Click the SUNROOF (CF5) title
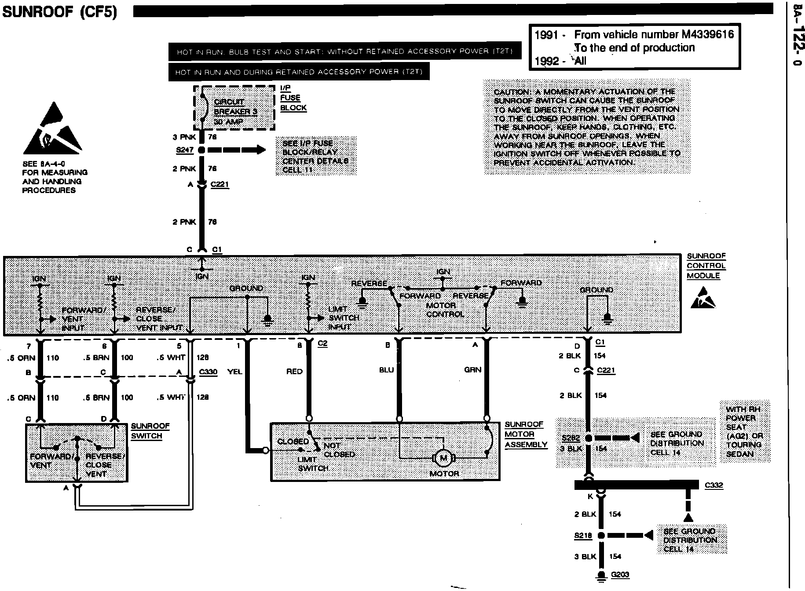[60, 11]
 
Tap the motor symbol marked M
[443, 459]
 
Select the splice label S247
[185, 150]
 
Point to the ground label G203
[620, 575]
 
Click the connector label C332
[714, 485]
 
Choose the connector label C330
[208, 372]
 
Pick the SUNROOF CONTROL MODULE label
[706, 266]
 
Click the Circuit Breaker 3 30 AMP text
[235, 112]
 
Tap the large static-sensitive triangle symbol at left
[52, 130]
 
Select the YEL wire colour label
[234, 372]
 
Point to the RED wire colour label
[294, 372]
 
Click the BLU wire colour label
[386, 370]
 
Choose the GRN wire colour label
[472, 370]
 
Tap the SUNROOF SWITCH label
[150, 431]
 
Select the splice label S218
[583, 536]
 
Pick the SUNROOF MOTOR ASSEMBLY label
[526, 434]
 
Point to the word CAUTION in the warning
[512, 92]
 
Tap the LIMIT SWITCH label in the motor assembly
[313, 464]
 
